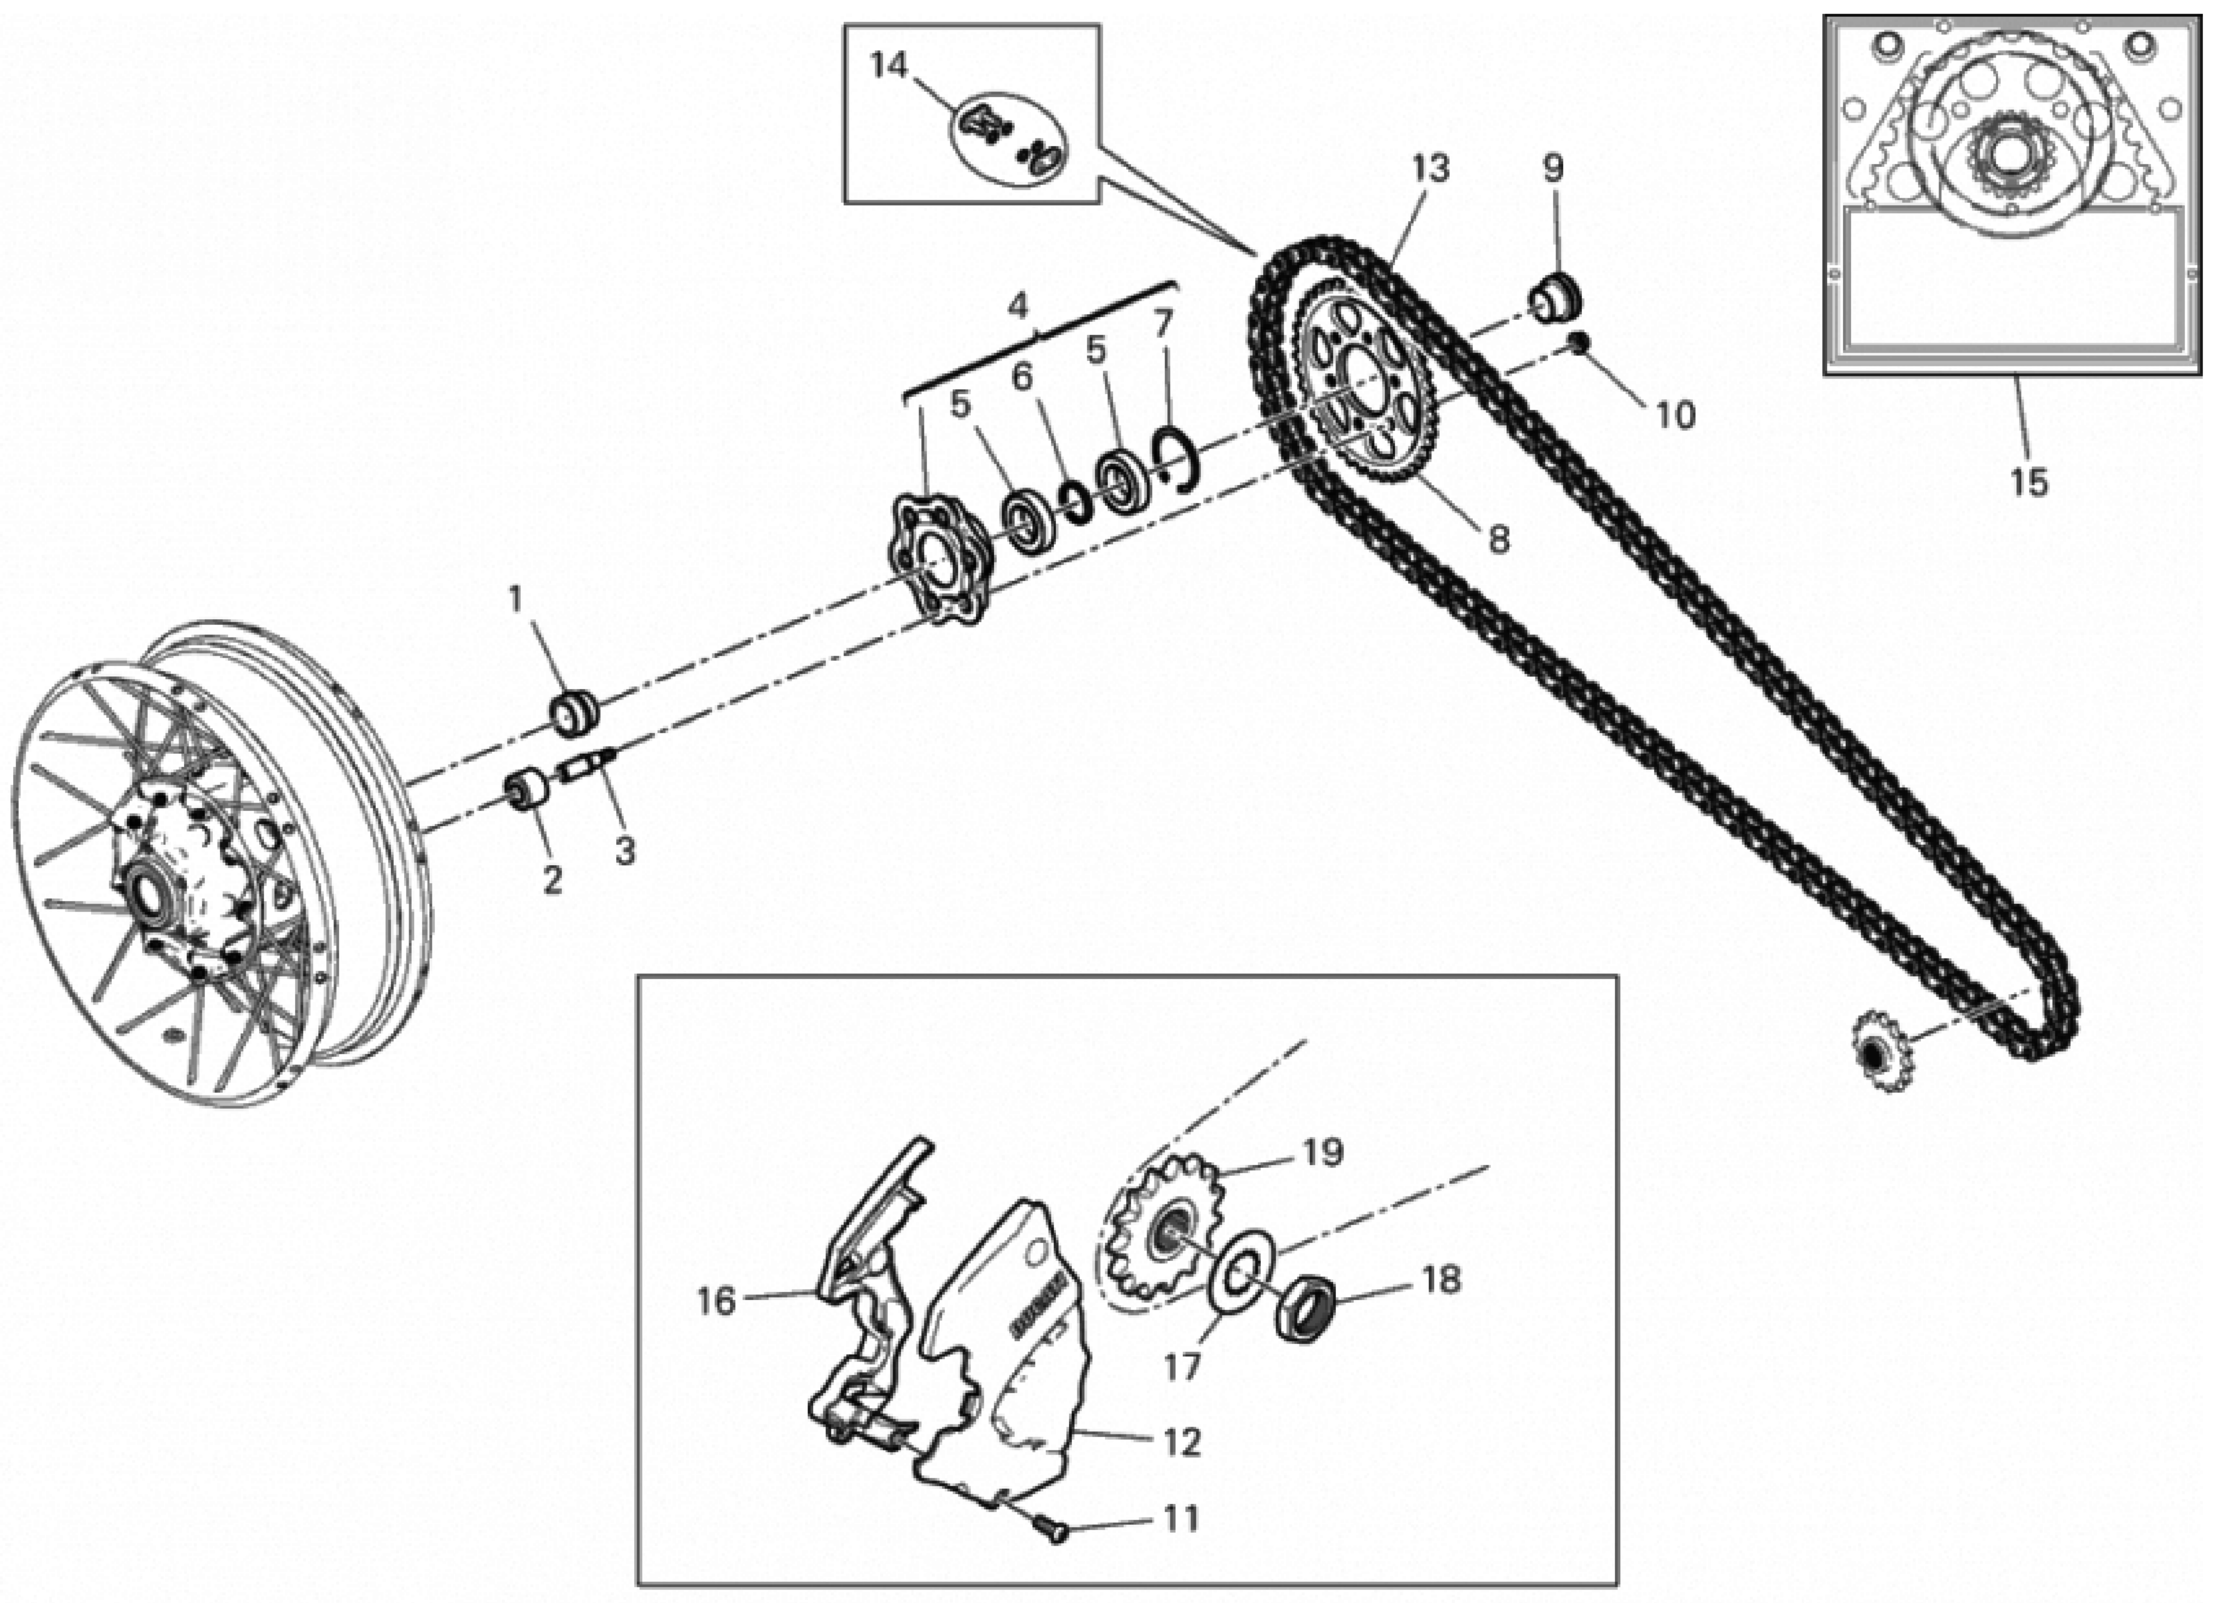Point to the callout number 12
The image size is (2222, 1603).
coord(1181,1441)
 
